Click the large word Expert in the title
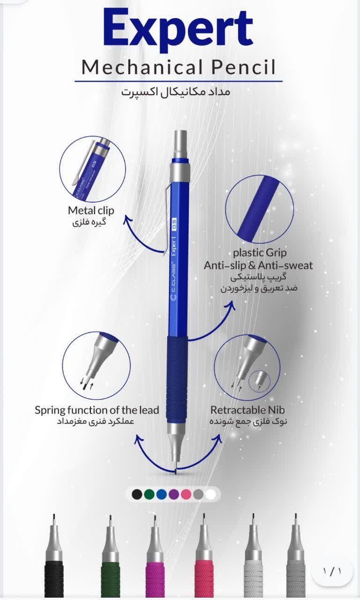179,30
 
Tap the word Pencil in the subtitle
243,67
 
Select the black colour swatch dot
137,494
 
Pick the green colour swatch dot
149,494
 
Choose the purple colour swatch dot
174,494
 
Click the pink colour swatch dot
186,494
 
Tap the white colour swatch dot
210,494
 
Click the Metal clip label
91,210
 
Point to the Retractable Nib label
247,410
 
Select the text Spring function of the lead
97,410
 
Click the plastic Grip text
260,253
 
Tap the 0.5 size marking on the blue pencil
174,225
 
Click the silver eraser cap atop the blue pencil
180,145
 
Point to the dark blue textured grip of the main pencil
177,380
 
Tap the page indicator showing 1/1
332,571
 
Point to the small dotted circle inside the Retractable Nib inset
259,382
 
